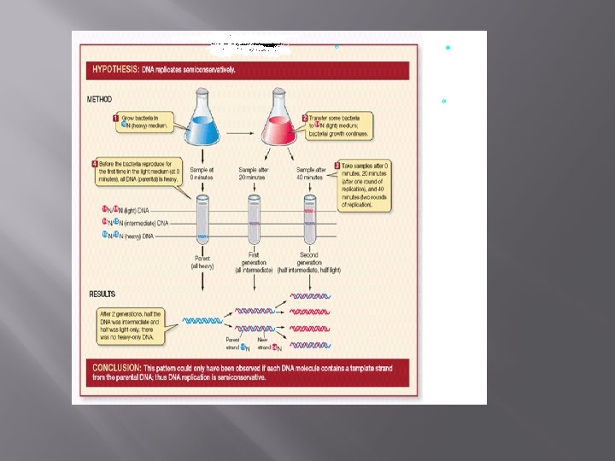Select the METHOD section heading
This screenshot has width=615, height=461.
click(100, 99)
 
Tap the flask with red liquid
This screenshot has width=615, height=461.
click(282, 120)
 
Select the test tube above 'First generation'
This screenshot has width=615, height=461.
click(254, 221)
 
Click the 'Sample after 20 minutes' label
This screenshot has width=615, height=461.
click(254, 175)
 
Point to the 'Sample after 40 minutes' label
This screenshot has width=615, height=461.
click(308, 175)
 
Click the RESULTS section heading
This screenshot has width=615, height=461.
click(103, 294)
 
